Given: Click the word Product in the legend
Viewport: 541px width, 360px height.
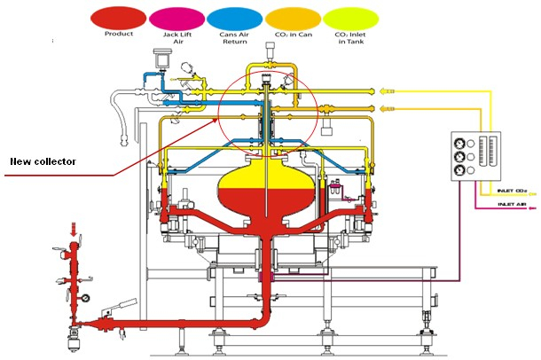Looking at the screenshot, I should click(119, 35).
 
